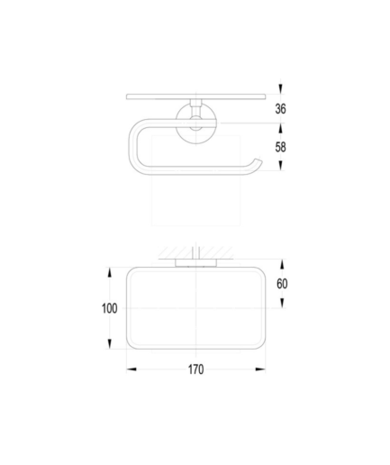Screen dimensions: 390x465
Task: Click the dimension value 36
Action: [x=280, y=108]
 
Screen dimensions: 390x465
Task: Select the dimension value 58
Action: [x=280, y=147]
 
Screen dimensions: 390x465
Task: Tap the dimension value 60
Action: [x=282, y=284]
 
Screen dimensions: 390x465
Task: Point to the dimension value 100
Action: [x=110, y=308]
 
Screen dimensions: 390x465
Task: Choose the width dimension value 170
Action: [x=195, y=369]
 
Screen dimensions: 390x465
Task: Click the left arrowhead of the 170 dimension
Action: [x=132, y=369]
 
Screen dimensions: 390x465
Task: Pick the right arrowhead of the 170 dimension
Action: [x=260, y=369]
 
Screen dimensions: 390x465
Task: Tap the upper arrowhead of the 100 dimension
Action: [x=110, y=272]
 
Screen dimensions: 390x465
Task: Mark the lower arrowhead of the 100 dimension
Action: [x=110, y=343]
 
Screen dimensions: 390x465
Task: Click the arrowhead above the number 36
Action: [x=280, y=88]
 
